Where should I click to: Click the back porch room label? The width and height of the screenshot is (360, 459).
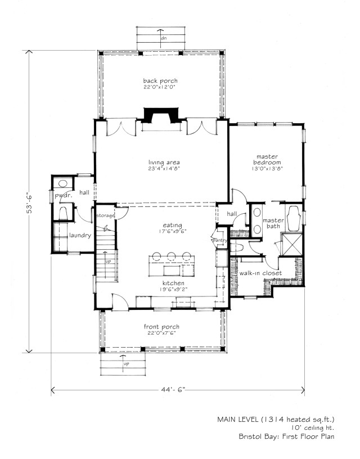pyautogui.click(x=160, y=81)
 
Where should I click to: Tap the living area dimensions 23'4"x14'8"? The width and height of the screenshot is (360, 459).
pyautogui.click(x=164, y=169)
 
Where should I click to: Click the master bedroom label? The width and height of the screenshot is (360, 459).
pyautogui.click(x=267, y=160)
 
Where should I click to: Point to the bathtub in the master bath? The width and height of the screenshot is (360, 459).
pyautogui.click(x=293, y=219)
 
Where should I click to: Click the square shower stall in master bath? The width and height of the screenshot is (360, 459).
pyautogui.click(x=291, y=244)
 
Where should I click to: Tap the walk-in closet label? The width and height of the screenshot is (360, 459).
pyautogui.click(x=260, y=273)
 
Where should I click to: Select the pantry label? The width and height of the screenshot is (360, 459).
pyautogui.click(x=219, y=240)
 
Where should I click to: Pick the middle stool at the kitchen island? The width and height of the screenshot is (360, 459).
pyautogui.click(x=171, y=256)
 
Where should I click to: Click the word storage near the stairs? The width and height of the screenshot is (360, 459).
pyautogui.click(x=105, y=216)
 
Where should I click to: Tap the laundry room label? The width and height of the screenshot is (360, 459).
pyautogui.click(x=80, y=235)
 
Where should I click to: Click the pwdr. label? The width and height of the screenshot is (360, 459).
pyautogui.click(x=63, y=196)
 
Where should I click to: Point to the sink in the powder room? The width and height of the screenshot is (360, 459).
pyautogui.click(x=62, y=183)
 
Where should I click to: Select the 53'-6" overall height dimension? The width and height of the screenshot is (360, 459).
pyautogui.click(x=29, y=202)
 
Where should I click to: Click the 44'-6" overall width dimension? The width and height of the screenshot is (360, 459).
pyautogui.click(x=173, y=390)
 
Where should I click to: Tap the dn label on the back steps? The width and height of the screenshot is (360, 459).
pyautogui.click(x=164, y=38)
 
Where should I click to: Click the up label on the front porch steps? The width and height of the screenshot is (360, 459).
pyautogui.click(x=126, y=364)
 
